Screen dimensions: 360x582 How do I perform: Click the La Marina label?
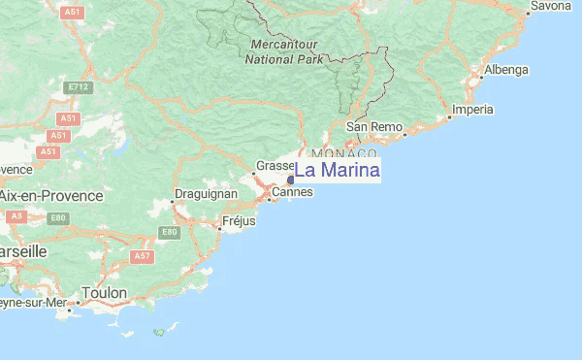pos(337,171)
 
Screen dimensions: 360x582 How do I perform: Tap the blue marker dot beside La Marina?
pos(291,180)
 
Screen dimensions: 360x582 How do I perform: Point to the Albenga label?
pos(507,70)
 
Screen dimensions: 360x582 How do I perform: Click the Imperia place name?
pos(473,109)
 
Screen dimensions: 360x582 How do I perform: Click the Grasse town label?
pos(274,166)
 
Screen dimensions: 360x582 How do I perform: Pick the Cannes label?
pos(292,192)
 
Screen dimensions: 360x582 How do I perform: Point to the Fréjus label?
pos(239,221)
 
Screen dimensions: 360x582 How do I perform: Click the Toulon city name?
pos(105,292)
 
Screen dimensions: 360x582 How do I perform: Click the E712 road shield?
pos(78,87)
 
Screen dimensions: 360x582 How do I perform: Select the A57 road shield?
pos(143,256)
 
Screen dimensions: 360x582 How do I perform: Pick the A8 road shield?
pos(16,216)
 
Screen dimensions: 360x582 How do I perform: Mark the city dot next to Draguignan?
pos(173,201)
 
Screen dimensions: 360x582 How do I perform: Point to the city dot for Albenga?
pos(483,77)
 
